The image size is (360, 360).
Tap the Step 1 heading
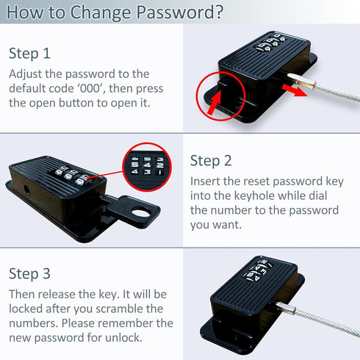pyautogui.click(x=29, y=54)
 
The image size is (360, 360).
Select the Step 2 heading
pyautogui.click(x=211, y=161)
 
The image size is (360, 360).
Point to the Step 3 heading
pyautogui.click(x=29, y=274)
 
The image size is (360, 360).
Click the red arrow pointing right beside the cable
pyautogui.click(x=294, y=90)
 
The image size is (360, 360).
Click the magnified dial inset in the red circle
pyautogui.click(x=147, y=167)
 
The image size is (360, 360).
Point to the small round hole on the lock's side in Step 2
pyautogui.click(x=26, y=189)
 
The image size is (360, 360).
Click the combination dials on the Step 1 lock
pyautogui.click(x=270, y=43)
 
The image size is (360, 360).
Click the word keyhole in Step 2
pyautogui.click(x=253, y=196)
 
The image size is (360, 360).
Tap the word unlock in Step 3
pyautogui.click(x=123, y=338)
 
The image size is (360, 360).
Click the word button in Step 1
pyautogui.click(x=76, y=103)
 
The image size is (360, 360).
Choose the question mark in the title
pyautogui.click(x=218, y=12)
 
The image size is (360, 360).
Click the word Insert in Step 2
pyautogui.click(x=205, y=181)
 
